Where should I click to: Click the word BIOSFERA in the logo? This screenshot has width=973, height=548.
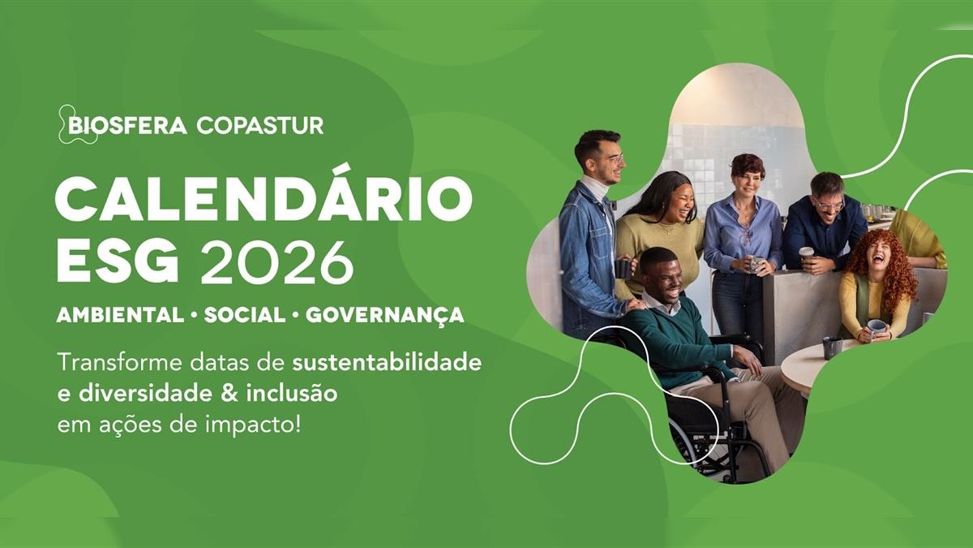click(127, 126)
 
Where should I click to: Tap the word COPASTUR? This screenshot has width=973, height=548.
click(260, 126)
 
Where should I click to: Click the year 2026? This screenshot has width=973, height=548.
click(276, 260)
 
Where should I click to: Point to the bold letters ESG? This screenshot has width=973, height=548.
click(118, 260)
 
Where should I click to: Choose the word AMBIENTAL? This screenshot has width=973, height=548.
click(120, 315)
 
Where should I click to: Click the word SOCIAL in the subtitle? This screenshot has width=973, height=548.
click(245, 315)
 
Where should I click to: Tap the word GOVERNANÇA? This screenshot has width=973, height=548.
click(385, 316)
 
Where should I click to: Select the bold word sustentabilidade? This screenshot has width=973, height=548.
click(387, 363)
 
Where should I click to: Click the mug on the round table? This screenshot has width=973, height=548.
click(832, 348)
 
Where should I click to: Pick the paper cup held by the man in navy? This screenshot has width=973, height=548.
click(806, 253)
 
